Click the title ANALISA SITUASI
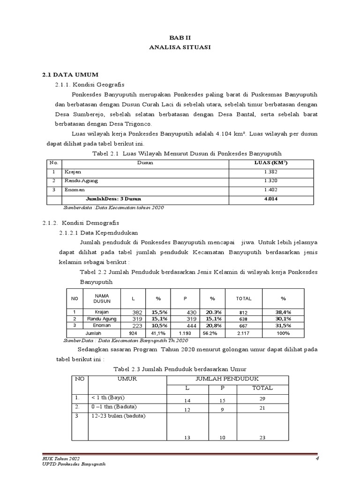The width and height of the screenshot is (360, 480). click(x=180, y=47)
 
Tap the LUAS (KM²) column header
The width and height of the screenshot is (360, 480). click(x=270, y=163)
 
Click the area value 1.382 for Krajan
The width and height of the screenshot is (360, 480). click(x=270, y=172)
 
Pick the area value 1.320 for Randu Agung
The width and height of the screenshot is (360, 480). click(x=270, y=181)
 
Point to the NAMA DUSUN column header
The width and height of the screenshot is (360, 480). click(x=102, y=298)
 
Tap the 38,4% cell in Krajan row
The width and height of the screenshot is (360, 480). click(x=283, y=312)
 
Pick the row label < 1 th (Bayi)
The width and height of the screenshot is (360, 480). click(x=107, y=397)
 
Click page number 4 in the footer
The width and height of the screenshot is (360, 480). click(x=317, y=458)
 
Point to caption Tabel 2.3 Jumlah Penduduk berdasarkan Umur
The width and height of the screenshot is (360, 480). click(x=180, y=369)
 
